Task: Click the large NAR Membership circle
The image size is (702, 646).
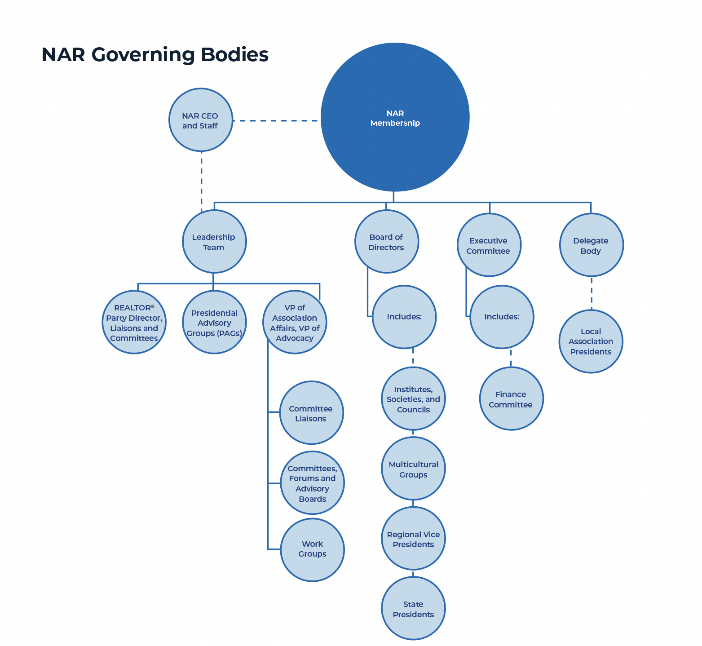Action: coord(395,117)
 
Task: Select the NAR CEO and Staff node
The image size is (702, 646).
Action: coord(201,120)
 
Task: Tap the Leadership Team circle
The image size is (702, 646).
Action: coord(214,242)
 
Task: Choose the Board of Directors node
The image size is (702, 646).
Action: coord(387,242)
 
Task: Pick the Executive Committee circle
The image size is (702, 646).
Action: coord(489,245)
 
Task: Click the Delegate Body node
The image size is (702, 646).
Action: coord(592,245)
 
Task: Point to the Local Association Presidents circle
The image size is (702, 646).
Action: coord(591,341)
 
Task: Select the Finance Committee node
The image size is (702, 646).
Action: coord(511,399)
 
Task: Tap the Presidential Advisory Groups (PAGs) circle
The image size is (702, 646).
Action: coord(214,322)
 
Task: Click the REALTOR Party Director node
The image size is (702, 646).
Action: coord(134,322)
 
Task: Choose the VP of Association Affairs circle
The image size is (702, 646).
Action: coord(295,322)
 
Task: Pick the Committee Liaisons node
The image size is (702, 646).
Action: coord(311,413)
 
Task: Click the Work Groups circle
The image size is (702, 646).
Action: coord(312,550)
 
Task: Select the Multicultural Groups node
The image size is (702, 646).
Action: coord(413,469)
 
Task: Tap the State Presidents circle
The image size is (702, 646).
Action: coord(413,608)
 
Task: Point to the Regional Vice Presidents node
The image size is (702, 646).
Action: coord(413,539)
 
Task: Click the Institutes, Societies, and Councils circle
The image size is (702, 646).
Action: coord(413,399)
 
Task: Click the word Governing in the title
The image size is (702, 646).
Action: coord(143,55)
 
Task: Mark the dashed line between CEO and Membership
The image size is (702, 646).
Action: coord(277,120)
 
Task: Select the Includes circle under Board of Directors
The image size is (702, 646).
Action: coord(404,317)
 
